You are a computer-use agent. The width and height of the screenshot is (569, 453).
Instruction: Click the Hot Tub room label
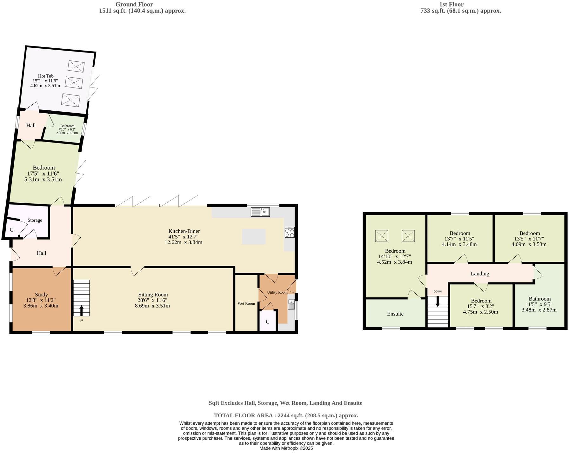[46, 76]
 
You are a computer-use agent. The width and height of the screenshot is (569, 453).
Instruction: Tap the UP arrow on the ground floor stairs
[82, 310]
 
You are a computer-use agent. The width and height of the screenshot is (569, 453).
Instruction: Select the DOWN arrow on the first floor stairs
[438, 301]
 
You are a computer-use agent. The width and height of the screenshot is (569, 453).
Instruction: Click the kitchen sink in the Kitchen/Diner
[260, 212]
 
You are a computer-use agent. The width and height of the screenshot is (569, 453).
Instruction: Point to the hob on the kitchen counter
[289, 232]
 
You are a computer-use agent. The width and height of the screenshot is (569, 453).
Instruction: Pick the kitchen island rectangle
[253, 237]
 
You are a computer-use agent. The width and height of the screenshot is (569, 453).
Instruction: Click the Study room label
[41, 295]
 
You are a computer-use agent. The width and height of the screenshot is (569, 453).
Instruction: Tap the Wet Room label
[246, 303]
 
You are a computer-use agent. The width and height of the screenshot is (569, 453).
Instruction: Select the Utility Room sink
[291, 304]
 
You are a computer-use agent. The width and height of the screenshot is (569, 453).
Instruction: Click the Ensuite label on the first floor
[395, 314]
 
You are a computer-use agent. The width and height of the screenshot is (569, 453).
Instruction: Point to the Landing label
[479, 274]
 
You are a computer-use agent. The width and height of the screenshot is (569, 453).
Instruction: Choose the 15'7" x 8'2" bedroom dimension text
[481, 306]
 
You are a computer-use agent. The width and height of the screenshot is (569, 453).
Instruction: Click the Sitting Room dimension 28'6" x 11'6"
[152, 300]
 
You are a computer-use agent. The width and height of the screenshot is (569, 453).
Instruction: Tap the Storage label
[35, 220]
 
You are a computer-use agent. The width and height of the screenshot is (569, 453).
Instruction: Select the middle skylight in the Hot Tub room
[74, 83]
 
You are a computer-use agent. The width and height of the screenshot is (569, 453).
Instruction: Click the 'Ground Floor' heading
[134, 4]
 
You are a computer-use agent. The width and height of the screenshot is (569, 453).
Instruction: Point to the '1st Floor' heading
[451, 4]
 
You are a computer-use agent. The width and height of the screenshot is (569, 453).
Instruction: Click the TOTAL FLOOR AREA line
[286, 415]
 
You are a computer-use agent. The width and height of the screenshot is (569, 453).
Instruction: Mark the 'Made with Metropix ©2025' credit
[286, 448]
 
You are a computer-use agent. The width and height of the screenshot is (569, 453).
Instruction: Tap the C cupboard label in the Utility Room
[267, 322]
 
